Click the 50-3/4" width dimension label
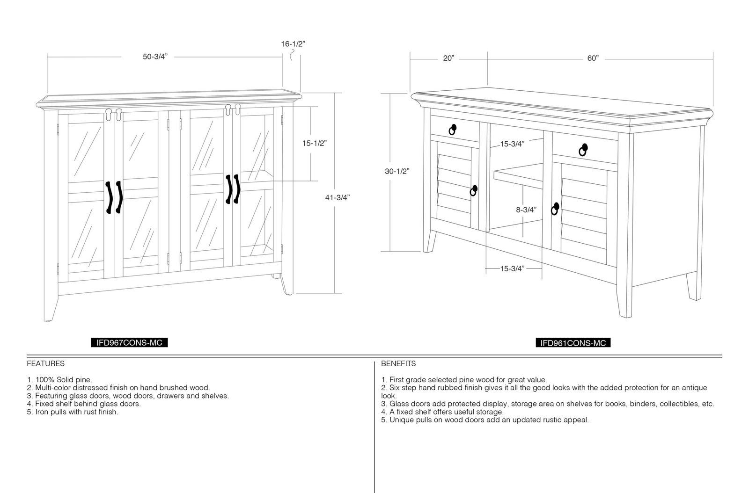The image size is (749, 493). (x=155, y=57)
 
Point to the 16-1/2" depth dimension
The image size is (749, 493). (x=293, y=44)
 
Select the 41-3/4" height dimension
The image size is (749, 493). (x=338, y=198)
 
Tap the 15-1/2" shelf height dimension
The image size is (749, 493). (x=314, y=143)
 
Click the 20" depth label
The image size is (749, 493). (x=449, y=58)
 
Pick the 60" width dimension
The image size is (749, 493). (x=593, y=58)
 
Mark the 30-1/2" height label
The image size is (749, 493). (x=397, y=171)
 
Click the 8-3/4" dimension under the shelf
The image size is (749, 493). (x=526, y=210)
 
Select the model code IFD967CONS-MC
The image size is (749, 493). (x=129, y=343)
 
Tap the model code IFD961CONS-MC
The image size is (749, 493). (x=573, y=343)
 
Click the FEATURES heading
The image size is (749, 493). (x=45, y=363)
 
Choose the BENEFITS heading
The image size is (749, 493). (x=398, y=363)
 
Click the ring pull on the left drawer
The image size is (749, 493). (x=452, y=130)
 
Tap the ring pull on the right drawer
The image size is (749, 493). (x=583, y=150)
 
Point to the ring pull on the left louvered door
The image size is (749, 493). (x=473, y=191)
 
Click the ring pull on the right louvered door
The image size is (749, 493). (x=555, y=209)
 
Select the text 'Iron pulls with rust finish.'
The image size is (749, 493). (x=77, y=412)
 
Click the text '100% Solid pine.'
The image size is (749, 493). (x=64, y=380)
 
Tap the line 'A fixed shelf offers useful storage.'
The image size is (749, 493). (x=447, y=412)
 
